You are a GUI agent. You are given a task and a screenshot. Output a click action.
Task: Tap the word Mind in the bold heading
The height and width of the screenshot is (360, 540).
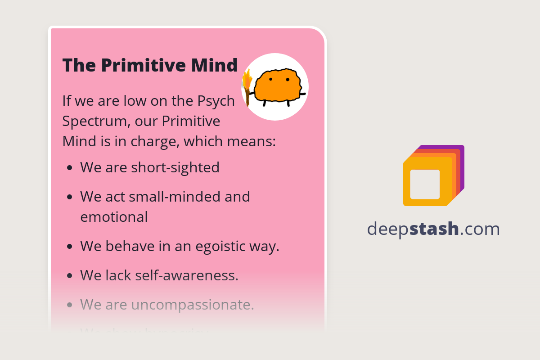pos(214,65)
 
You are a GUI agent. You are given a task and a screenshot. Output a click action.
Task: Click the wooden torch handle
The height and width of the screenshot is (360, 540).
pos(247,97)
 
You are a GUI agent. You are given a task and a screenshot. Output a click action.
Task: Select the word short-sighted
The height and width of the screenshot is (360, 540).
pos(175,167)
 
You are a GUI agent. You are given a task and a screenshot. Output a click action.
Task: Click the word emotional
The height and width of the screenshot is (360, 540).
pos(114,217)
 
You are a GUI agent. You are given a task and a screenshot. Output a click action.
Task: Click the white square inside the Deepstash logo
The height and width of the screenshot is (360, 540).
pos(425,184)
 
